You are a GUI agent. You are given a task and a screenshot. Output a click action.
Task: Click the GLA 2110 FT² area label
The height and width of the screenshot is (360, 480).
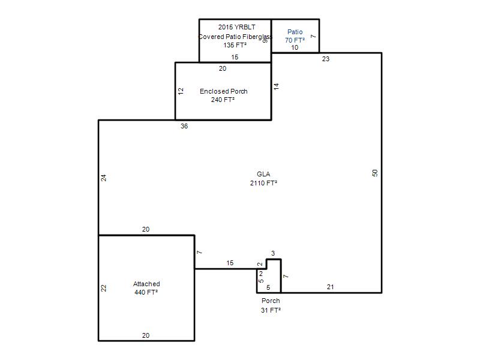[263, 178]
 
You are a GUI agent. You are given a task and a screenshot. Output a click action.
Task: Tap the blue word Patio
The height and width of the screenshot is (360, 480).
[295, 32]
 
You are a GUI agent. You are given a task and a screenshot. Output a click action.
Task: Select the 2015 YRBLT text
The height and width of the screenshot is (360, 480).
[236, 27]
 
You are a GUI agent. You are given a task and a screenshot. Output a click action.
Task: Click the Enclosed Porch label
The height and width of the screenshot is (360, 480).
[223, 91]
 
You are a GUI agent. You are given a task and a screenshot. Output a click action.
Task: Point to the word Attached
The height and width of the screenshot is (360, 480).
[146, 284]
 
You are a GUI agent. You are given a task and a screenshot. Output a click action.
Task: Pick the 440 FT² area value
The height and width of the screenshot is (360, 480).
[146, 292]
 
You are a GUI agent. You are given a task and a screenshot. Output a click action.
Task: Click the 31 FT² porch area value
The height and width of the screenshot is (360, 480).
[271, 310]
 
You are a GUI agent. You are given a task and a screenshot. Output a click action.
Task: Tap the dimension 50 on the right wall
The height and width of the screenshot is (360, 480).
[375, 173]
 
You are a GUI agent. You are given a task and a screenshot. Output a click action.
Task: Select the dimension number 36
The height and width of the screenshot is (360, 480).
[184, 126]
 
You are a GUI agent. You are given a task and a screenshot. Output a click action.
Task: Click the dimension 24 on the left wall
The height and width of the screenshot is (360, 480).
[104, 178]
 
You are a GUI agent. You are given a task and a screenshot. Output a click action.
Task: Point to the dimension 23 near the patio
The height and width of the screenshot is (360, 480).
[326, 59]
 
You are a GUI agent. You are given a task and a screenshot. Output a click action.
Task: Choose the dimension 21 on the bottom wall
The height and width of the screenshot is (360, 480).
[331, 287]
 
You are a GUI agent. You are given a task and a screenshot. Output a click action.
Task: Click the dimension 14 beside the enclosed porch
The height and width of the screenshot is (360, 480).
[277, 86]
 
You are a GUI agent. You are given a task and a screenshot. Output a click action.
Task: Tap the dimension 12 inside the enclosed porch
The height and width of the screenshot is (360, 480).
[181, 91]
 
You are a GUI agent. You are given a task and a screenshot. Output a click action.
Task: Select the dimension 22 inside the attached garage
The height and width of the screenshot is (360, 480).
[104, 288]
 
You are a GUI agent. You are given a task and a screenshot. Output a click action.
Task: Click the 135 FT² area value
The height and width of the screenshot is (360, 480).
[235, 45]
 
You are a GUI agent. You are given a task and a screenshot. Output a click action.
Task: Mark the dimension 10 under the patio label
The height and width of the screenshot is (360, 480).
[295, 47]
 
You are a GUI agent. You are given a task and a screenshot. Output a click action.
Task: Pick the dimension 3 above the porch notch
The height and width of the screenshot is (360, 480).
[273, 253]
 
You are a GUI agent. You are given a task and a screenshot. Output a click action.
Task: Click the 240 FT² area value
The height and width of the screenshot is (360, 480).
[223, 100]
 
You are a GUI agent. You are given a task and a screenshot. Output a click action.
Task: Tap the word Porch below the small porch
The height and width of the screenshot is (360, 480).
[271, 301]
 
